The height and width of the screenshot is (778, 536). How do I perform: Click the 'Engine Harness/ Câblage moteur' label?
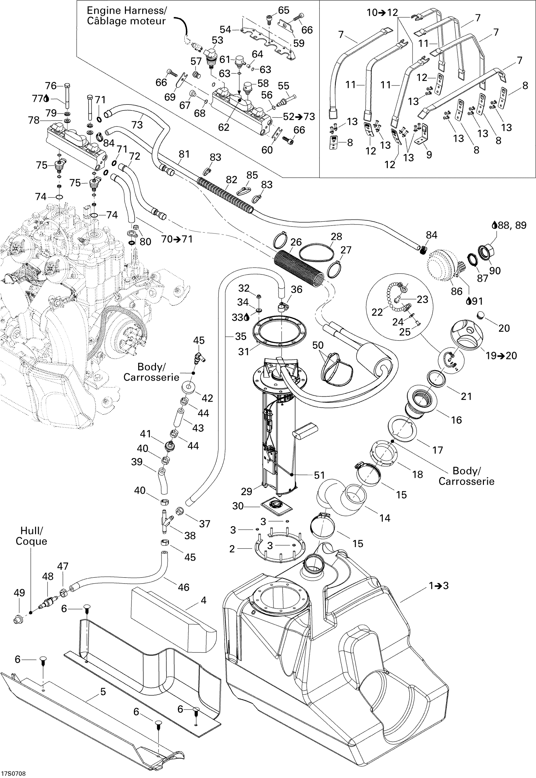coord(126,16)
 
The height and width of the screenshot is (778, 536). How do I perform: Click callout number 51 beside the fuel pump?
coord(319,475)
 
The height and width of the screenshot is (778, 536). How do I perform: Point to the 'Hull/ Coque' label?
coord(31,536)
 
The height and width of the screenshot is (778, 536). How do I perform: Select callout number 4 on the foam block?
coord(204,600)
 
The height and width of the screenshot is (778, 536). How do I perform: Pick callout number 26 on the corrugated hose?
coord(296,242)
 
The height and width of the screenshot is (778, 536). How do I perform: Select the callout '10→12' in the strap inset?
coord(382,13)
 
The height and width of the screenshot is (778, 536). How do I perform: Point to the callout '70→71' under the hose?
coord(177,239)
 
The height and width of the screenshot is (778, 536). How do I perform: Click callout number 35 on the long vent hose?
coord(240,336)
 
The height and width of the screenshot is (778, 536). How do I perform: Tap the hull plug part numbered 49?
coord(18,619)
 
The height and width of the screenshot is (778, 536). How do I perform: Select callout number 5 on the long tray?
coord(103,692)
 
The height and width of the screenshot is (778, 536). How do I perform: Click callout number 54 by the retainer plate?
coord(225,30)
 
